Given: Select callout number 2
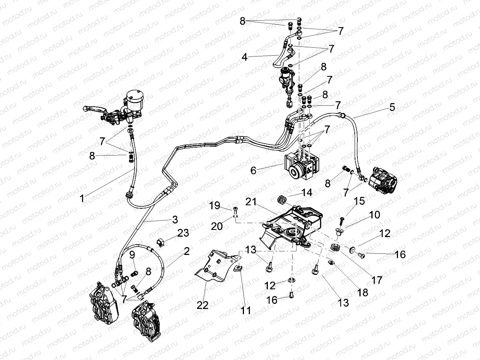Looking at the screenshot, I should tap(186, 251).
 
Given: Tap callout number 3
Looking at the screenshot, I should tap(174, 220).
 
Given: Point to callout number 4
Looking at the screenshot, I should tap(244, 57).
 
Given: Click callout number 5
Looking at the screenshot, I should tap(392, 107).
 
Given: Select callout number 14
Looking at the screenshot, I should tap(306, 193).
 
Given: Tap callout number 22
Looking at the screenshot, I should tap(202, 305).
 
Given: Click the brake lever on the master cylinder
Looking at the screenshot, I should tap(93, 108).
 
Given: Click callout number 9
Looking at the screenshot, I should tap(132, 255).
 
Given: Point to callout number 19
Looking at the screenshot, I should tap(215, 206).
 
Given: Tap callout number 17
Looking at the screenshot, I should tap(377, 280).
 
